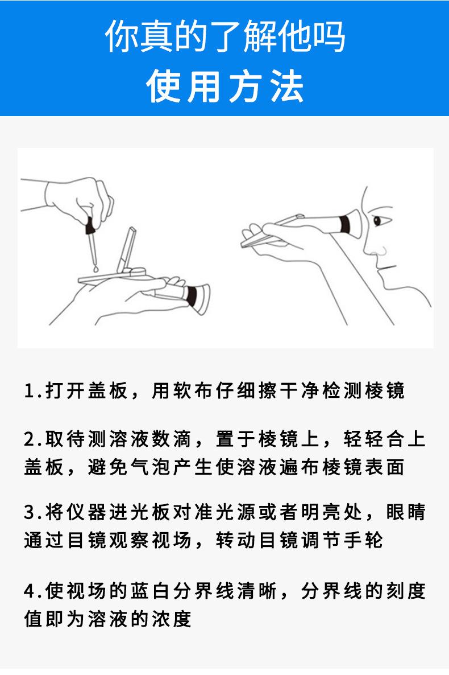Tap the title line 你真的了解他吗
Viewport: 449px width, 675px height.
point(225,36)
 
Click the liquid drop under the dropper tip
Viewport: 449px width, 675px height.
point(95,267)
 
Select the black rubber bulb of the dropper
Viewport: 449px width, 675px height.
point(90,225)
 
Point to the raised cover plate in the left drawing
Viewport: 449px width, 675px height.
point(127,250)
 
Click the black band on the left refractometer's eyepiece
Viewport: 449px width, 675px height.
point(192,296)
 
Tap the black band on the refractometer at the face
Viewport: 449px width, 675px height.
point(344,224)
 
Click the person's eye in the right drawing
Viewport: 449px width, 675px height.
point(378,221)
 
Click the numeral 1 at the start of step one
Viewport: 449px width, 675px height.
point(29,391)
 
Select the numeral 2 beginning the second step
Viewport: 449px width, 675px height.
point(29,439)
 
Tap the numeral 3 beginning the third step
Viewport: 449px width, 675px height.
point(29,512)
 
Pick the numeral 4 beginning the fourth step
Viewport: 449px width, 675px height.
point(29,591)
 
